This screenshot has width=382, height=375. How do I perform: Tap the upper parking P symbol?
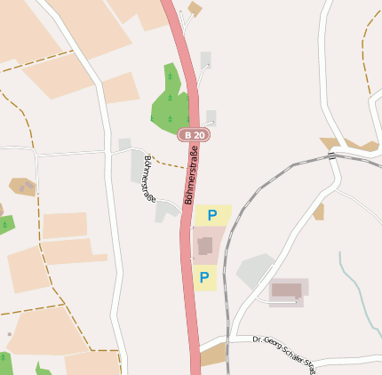tap(212, 214)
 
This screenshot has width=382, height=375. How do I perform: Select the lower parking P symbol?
tap(204, 278)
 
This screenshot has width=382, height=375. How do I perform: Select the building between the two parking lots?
tap(205, 245)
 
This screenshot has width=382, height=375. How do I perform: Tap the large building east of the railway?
tap(286, 290)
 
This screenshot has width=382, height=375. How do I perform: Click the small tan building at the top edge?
tap(195, 9)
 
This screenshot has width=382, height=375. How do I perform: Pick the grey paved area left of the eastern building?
tap(255, 270)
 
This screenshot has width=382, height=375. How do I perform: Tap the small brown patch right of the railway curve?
tap(318, 211)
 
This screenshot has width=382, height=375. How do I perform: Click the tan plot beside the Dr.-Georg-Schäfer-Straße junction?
tap(213, 355)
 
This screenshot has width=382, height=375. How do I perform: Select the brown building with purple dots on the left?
tap(22, 187)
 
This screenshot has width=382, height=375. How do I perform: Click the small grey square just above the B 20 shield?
tap(211, 116)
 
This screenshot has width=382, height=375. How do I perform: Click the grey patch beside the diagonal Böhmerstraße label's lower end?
tap(166, 211)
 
